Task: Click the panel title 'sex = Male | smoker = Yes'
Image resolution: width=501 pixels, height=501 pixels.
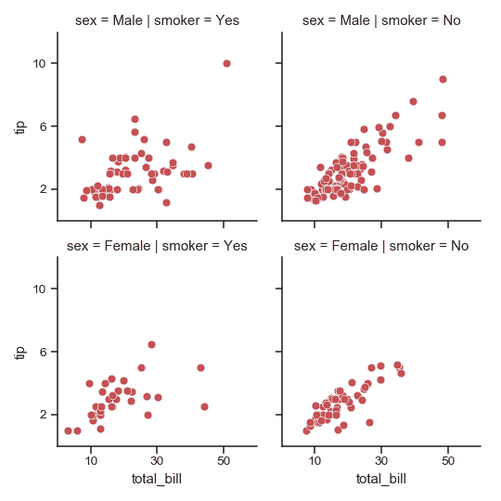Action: (156, 21)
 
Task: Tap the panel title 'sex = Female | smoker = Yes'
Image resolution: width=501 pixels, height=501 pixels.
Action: (156, 246)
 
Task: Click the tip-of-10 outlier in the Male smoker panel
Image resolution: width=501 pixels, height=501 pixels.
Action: (226, 63)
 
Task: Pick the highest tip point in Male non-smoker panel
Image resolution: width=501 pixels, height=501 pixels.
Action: (443, 80)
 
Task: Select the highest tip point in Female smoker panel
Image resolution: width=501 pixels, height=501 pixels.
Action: (151, 344)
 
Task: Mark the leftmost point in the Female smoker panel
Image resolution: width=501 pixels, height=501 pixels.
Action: (68, 430)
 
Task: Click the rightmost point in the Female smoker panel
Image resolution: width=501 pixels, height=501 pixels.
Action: (204, 406)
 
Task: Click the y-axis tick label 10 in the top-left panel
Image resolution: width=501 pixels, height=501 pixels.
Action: (41, 63)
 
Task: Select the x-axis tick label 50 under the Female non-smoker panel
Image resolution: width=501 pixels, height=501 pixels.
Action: (448, 461)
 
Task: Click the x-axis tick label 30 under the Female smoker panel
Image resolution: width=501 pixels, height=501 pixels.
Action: (158, 461)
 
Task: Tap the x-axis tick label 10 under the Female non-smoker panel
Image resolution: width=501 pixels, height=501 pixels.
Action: (315, 461)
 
